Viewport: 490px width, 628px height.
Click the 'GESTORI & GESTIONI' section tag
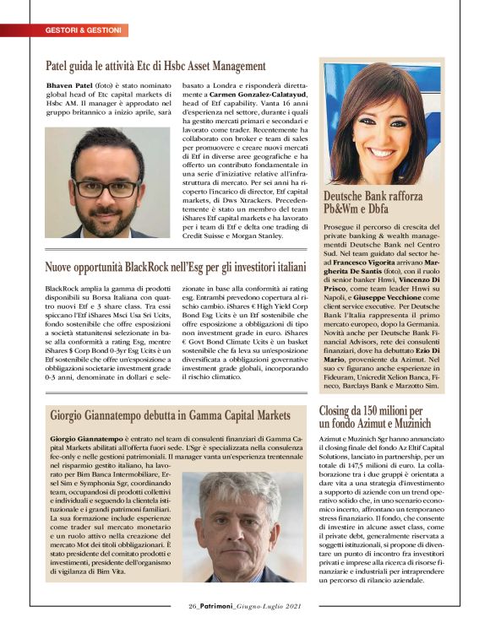coord(82,30)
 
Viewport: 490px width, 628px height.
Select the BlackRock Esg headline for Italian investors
coord(175,268)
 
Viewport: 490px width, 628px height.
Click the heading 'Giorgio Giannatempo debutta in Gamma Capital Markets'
coord(169,416)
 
